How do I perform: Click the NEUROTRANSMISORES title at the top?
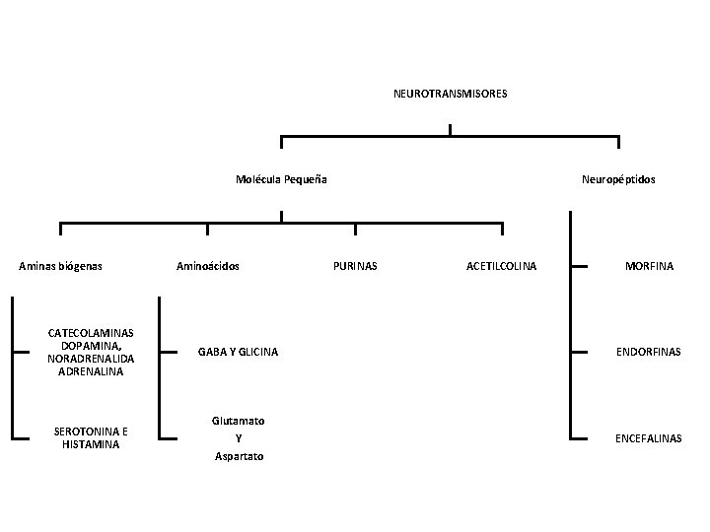pyautogui.click(x=450, y=94)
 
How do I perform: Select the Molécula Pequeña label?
pyautogui.click(x=282, y=179)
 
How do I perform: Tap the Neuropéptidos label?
pyautogui.click(x=618, y=179)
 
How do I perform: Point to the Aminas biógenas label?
pyautogui.click(x=61, y=266)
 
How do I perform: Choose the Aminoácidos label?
pyautogui.click(x=207, y=266)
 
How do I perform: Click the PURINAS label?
pyautogui.click(x=355, y=266)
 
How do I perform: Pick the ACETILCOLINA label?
pyautogui.click(x=501, y=266)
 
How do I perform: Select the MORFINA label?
pyautogui.click(x=649, y=266)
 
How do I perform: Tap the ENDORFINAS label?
pyautogui.click(x=649, y=352)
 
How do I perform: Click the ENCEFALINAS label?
pyautogui.click(x=649, y=437)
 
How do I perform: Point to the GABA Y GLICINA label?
pyautogui.click(x=238, y=352)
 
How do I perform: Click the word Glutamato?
pyautogui.click(x=238, y=420)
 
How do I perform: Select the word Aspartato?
pyautogui.click(x=239, y=456)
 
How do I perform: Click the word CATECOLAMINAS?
pyautogui.click(x=91, y=333)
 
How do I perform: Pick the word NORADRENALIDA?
pyautogui.click(x=91, y=359)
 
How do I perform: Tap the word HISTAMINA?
pyautogui.click(x=91, y=444)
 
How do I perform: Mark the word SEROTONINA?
pyautogui.click(x=85, y=432)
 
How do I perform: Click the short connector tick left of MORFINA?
pyautogui.click(x=582, y=266)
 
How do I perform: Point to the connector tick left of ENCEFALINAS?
pyautogui.click(x=582, y=436)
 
